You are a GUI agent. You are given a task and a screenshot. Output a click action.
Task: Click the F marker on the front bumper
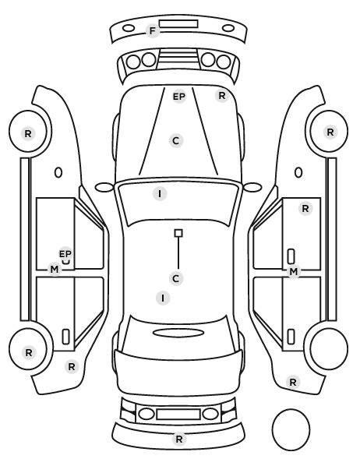[x=153, y=31]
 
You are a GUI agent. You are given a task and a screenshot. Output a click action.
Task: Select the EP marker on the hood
[x=179, y=97]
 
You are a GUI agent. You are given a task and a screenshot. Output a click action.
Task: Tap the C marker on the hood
[x=176, y=140]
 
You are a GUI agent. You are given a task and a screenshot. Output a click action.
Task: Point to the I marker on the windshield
[x=160, y=194]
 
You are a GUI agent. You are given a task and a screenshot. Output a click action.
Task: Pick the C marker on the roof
[x=175, y=278]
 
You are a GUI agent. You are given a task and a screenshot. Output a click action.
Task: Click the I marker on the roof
[x=163, y=298]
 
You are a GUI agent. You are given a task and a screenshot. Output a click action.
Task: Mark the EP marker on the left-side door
[x=65, y=254]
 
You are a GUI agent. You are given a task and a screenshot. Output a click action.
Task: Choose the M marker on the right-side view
[x=294, y=271]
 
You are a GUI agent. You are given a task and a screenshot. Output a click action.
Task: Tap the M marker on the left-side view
[x=55, y=270]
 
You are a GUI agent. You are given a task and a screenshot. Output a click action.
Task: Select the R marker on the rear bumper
[x=179, y=439]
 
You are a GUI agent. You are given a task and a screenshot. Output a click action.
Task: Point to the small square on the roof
[x=178, y=233]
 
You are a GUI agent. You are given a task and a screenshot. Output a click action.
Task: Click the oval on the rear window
[x=178, y=333]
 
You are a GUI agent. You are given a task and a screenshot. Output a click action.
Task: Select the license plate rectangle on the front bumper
[x=178, y=24]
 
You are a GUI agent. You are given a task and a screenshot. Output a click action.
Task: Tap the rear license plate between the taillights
[x=178, y=414]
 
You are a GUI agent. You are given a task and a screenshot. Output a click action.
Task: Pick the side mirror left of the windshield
[x=104, y=187]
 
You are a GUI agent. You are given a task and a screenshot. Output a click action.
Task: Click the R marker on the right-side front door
[x=305, y=209]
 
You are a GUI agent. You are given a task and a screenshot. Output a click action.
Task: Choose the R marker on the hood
[x=222, y=96]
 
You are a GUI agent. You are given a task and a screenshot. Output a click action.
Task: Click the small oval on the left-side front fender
[x=58, y=172]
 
